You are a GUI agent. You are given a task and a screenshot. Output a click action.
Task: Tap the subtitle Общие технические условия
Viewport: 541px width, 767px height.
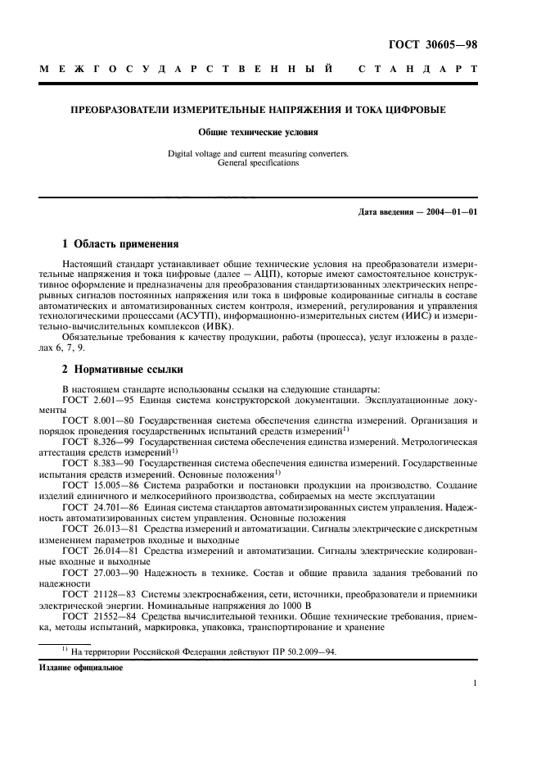click(258, 131)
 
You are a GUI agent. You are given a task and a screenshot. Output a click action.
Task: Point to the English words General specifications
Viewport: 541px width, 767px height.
click(258, 162)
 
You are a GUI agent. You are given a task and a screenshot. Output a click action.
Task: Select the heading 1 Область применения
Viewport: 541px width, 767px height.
click(118, 244)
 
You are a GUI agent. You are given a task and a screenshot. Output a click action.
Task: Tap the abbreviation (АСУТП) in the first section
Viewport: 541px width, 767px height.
click(195, 314)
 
